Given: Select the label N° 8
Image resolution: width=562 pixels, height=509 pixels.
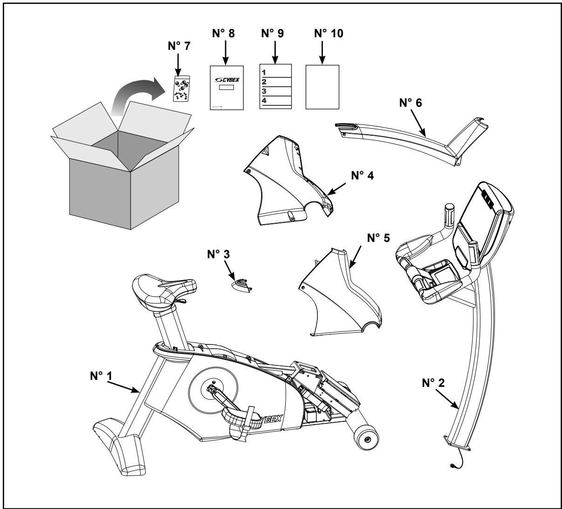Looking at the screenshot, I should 226,34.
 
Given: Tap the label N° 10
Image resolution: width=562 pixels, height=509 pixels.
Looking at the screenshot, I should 322,34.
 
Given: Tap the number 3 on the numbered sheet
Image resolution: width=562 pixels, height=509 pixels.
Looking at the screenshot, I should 264,90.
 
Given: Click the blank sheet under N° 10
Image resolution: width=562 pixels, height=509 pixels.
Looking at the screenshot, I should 322,87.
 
